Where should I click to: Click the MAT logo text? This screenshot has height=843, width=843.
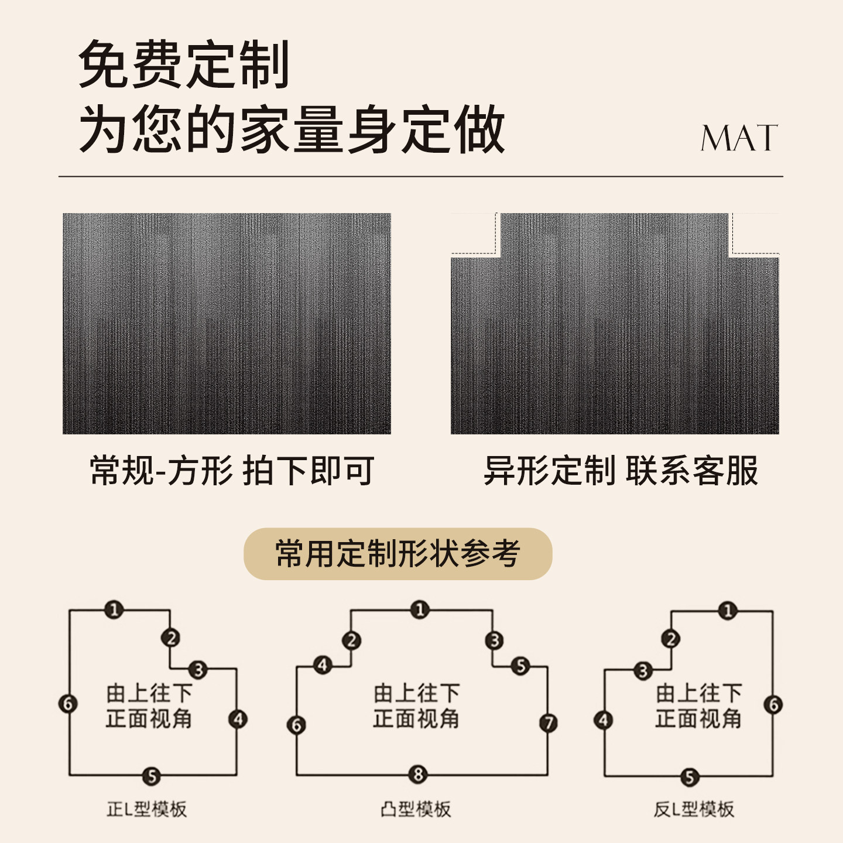point(739,139)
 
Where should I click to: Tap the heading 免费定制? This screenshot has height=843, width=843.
point(184,65)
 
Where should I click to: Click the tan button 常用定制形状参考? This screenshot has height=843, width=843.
point(397,554)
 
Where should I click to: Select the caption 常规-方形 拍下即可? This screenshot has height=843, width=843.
point(232,470)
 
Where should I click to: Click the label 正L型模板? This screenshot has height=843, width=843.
point(146,809)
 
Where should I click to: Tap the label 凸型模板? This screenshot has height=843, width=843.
point(416,809)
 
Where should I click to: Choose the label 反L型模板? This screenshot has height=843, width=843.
point(694,809)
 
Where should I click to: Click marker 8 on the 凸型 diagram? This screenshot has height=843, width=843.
point(418,775)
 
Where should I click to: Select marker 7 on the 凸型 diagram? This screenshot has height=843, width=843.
point(549,723)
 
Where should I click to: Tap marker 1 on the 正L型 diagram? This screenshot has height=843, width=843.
point(114,610)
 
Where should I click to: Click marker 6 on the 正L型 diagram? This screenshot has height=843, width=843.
point(68,703)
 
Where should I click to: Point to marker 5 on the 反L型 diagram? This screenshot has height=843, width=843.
point(690,777)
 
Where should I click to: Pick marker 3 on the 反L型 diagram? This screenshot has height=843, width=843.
point(643,671)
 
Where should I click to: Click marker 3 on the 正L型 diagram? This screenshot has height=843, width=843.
point(198,670)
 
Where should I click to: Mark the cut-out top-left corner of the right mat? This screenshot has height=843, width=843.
point(474,234)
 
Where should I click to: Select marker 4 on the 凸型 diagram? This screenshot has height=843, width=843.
point(323,666)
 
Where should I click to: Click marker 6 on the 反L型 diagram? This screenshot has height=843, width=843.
point(774,704)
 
